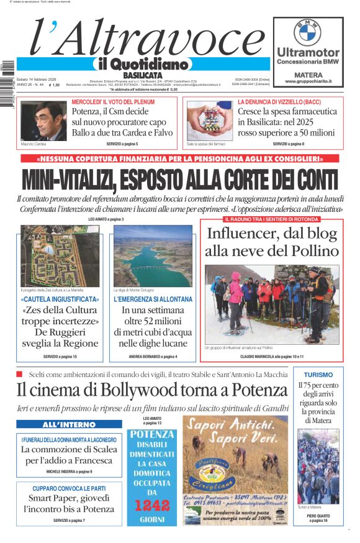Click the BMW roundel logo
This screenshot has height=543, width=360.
(308, 31)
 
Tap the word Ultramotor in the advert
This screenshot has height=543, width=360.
(308, 52)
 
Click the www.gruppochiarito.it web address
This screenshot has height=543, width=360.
(308, 81)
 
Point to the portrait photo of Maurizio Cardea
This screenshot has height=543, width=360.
(43, 121)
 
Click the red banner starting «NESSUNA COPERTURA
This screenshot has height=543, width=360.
(180, 159)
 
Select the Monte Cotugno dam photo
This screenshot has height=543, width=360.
(153, 256)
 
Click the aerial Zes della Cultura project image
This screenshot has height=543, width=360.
(60, 256)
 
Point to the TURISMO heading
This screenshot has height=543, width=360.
(318, 375)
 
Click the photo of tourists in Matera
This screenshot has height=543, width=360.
(318, 465)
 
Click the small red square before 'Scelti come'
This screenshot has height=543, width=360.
(20, 374)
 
